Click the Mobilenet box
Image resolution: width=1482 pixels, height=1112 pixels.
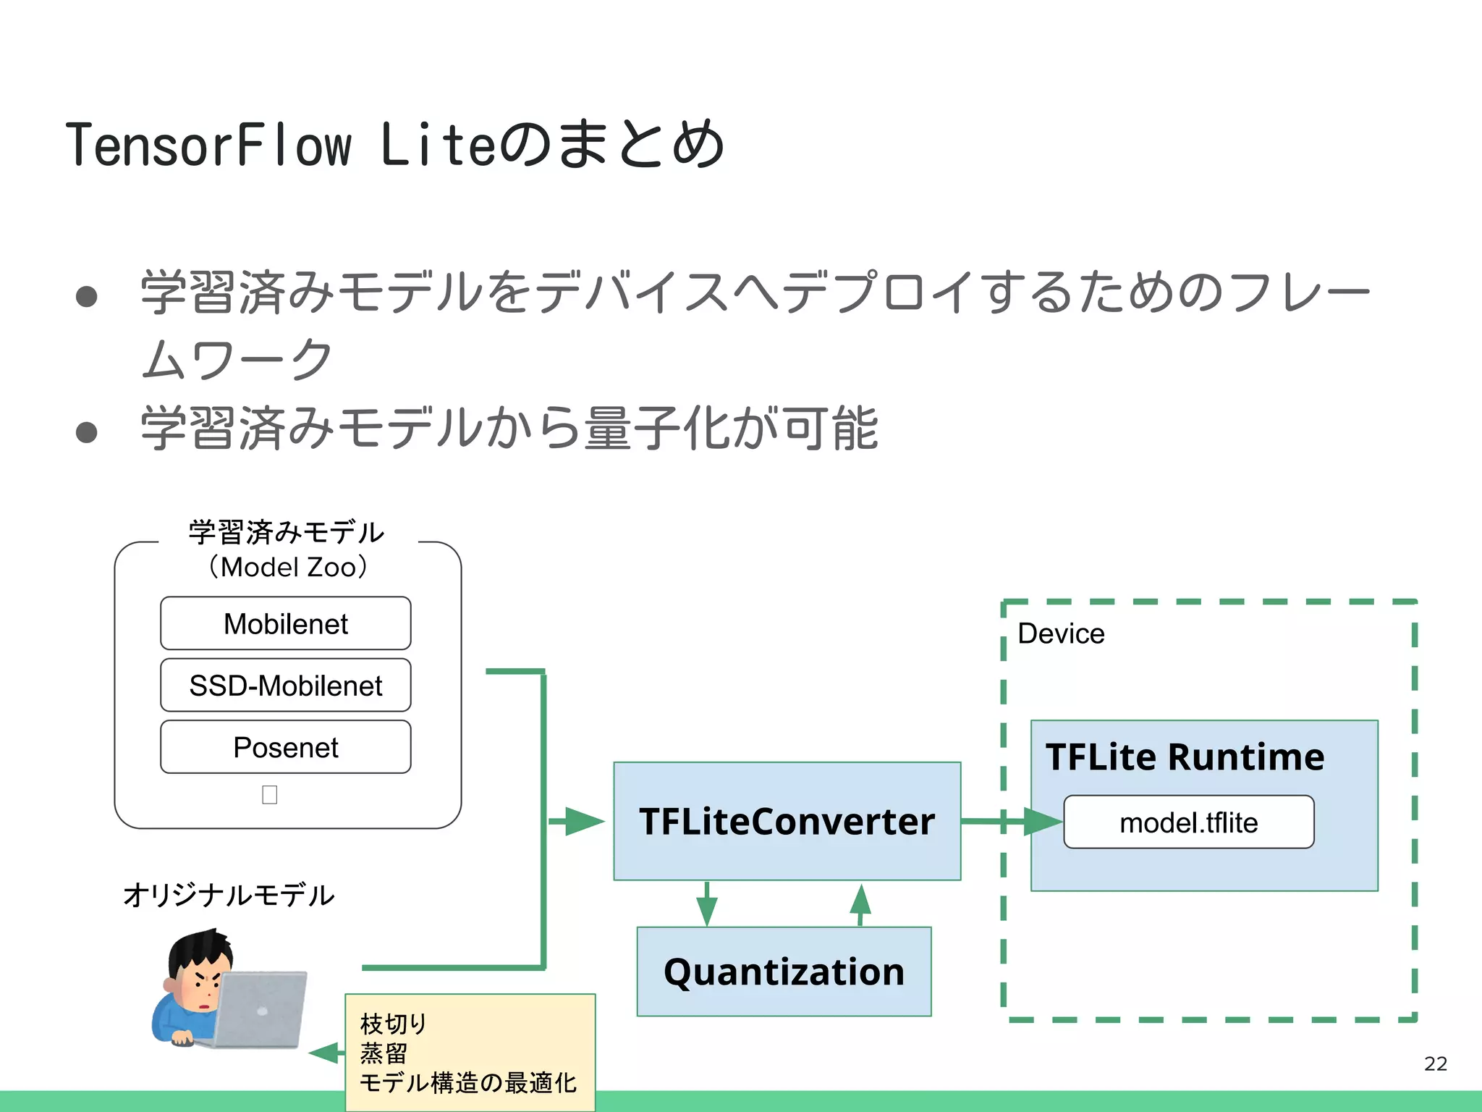click(x=285, y=623)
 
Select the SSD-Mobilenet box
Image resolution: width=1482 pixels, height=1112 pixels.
click(x=285, y=685)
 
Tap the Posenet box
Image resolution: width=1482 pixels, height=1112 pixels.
click(x=285, y=746)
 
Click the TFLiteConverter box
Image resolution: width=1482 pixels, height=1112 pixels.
click(x=787, y=821)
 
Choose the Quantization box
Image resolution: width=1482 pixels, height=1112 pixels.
click(x=784, y=972)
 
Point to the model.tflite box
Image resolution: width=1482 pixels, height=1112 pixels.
click(x=1188, y=822)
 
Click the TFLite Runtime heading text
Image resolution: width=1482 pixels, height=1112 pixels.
click(x=1185, y=757)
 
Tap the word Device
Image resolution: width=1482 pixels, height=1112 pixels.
click(x=1061, y=633)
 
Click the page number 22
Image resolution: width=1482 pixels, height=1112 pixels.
click(x=1435, y=1063)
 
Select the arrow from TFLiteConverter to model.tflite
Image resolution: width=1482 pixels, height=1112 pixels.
click(x=1013, y=821)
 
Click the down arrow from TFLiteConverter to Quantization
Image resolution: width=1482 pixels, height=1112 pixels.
click(x=707, y=905)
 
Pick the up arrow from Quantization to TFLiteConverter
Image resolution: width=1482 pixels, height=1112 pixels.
click(x=860, y=903)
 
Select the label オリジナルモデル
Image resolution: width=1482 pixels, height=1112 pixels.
click(x=229, y=895)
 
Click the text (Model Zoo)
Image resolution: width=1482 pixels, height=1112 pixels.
click(x=288, y=567)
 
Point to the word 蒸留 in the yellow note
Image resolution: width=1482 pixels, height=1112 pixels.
click(x=384, y=1053)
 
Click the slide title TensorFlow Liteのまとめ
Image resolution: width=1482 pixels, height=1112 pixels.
click(x=394, y=145)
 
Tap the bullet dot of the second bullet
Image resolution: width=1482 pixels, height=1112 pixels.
click(x=87, y=431)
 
